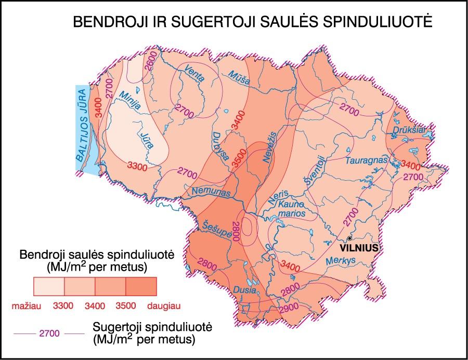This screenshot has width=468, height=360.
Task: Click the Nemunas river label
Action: [x=211, y=192]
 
